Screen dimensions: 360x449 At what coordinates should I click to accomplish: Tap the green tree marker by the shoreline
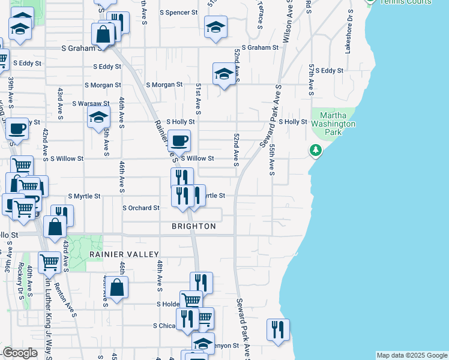pos(316,149)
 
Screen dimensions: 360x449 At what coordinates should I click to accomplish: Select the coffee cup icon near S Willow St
pos(179,141)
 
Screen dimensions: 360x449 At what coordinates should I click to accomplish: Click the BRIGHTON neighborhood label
pos(193,226)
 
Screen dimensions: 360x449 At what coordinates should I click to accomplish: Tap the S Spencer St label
pos(178,12)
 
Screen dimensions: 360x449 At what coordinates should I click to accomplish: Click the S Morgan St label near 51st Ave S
pos(163,85)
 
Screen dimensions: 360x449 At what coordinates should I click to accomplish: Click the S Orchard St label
pos(140,208)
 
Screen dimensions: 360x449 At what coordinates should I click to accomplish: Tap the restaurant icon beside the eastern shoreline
pos(278,329)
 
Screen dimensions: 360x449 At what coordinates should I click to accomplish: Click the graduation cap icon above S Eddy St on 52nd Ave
pos(224,74)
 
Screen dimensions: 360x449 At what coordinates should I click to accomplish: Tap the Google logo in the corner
pos(20,353)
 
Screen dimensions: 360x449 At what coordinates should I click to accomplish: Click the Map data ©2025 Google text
pos(412,355)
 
